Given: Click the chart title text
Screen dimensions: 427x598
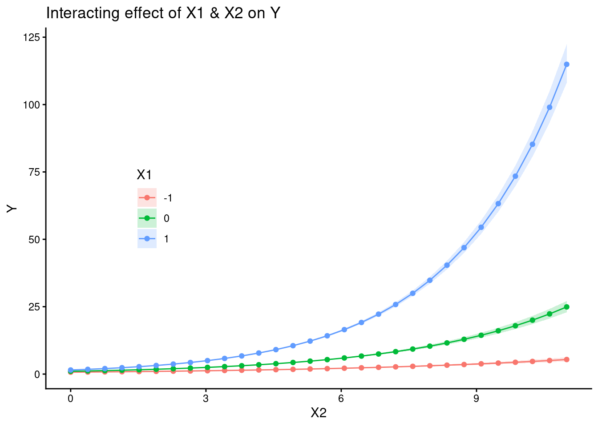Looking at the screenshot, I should tap(163, 13).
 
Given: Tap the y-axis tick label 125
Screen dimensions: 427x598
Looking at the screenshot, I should tap(31, 37).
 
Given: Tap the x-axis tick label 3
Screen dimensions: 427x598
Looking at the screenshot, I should tap(206, 399).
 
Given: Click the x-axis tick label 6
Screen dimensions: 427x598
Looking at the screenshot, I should tap(341, 399).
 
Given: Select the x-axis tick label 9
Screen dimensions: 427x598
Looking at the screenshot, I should tap(476, 399).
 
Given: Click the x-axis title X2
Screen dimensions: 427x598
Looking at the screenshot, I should tap(319, 413).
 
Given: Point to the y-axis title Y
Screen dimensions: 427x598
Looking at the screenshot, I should tap(12, 208).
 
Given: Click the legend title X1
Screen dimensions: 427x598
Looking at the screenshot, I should tap(144, 175).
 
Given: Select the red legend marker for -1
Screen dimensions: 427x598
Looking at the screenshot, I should tap(147, 198).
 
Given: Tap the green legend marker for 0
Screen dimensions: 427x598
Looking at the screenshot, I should tap(147, 218).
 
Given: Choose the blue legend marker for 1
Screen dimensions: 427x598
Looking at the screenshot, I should tap(147, 239).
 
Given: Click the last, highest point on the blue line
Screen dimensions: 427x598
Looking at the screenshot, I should tap(566, 64).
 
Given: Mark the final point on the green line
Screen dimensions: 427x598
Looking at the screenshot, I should tap(566, 307).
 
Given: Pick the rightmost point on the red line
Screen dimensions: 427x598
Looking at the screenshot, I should tap(566, 359).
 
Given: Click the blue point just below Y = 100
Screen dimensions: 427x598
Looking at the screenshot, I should tap(550, 107).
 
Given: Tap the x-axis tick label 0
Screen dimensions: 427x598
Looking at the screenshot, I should tap(70, 399).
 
